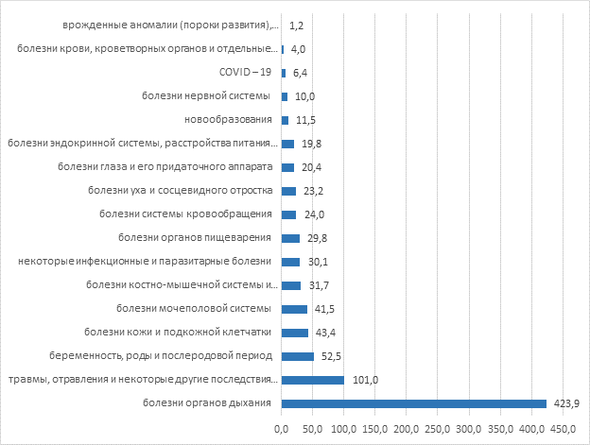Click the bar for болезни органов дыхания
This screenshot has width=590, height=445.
[x=413, y=403]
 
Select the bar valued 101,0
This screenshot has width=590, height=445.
[x=312, y=380]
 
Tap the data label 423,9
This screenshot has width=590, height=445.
[x=565, y=403]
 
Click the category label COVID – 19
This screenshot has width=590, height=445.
[x=245, y=72]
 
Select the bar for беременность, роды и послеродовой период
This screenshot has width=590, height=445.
[x=297, y=356]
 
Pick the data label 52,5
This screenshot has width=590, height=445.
[x=329, y=356]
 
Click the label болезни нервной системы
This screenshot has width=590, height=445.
[x=207, y=95]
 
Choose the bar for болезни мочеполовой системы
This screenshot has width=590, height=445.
[x=294, y=309]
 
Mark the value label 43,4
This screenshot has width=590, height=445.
[x=323, y=333]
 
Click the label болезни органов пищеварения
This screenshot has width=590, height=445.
[x=197, y=237]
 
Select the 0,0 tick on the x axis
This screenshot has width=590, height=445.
[x=281, y=430]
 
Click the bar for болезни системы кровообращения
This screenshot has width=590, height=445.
[x=288, y=214]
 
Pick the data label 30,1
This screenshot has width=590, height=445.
[x=319, y=262]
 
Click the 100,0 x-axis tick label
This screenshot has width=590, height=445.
[x=343, y=430]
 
